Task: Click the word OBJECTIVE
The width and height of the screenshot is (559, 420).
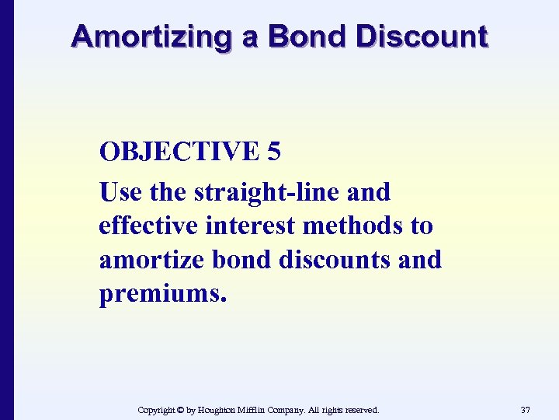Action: pyautogui.click(x=178, y=152)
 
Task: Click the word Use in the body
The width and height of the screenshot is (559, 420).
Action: pyautogui.click(x=120, y=192)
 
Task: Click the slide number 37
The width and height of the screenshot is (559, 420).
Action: pyautogui.click(x=526, y=410)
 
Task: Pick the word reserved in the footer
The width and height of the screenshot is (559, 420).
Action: pyautogui.click(x=362, y=410)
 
